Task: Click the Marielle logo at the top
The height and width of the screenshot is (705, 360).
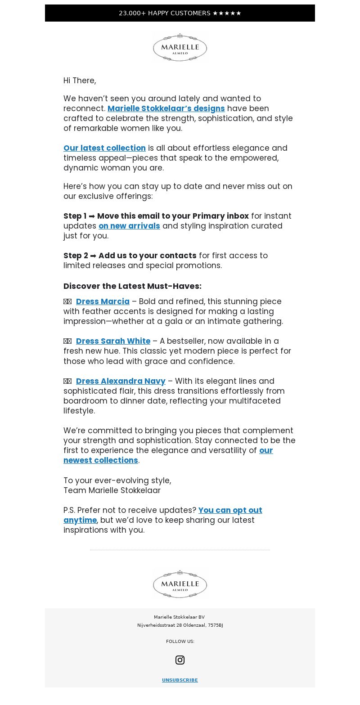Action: [x=180, y=47]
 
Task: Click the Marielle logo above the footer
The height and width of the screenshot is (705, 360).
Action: [x=180, y=584]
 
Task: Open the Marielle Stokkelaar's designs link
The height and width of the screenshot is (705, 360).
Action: [x=166, y=108]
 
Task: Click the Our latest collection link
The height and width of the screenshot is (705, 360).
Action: [x=104, y=148]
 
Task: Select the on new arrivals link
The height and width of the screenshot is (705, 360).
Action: [x=129, y=226]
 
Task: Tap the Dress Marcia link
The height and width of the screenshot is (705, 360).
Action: [x=103, y=301]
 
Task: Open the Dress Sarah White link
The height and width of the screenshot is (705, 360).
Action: [x=113, y=341]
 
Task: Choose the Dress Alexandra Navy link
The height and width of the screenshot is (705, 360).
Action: [x=121, y=381]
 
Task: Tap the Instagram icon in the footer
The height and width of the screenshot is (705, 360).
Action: [x=180, y=660]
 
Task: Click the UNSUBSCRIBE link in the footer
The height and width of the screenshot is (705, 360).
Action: [x=180, y=680]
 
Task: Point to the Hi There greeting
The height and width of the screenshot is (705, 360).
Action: [x=80, y=81]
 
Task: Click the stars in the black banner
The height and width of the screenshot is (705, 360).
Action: [x=227, y=13]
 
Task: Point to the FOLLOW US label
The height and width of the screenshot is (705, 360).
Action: [x=180, y=642]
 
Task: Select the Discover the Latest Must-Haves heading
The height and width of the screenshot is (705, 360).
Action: [x=132, y=286]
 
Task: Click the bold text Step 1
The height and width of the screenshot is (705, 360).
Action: [x=75, y=216]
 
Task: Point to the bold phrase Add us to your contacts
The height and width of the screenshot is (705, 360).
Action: [x=147, y=256]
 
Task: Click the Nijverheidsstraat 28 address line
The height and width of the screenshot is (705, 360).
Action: [x=180, y=625]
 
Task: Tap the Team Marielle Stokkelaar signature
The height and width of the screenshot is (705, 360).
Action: [x=112, y=490]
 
